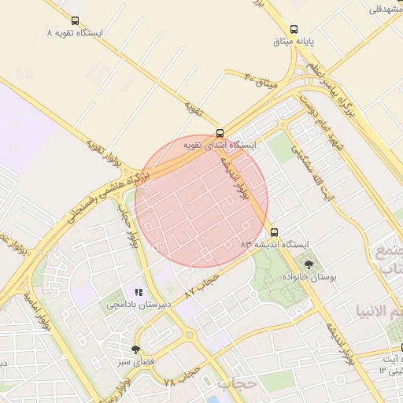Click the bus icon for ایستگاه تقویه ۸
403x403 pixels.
click(x=75, y=22)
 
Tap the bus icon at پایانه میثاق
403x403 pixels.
click(x=294, y=28)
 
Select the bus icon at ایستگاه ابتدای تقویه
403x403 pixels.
click(x=220, y=134)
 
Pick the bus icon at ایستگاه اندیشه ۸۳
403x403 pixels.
click(x=274, y=232)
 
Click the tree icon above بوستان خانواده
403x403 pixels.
click(x=307, y=264)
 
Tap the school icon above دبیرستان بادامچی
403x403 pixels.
click(x=139, y=293)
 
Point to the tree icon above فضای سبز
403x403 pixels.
click(x=136, y=349)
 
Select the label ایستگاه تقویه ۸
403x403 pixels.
click(x=75, y=35)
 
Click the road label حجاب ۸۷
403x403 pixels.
click(x=201, y=284)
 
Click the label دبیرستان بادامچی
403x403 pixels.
click(x=134, y=304)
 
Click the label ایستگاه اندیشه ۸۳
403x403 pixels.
click(x=276, y=244)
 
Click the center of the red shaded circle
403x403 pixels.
click(x=201, y=201)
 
